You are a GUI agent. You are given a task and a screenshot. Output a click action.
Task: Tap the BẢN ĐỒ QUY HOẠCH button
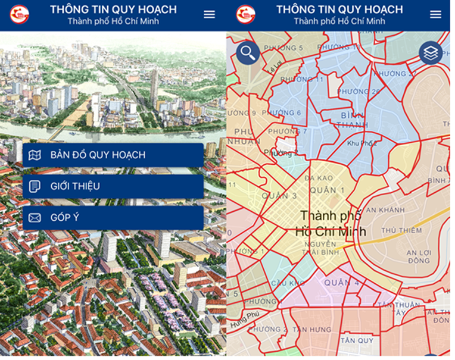[113, 155]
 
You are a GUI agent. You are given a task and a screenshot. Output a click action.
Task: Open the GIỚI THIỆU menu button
[113, 187]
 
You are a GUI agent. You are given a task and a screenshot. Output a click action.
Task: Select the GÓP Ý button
[113, 218]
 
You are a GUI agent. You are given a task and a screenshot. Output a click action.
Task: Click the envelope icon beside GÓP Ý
[35, 218]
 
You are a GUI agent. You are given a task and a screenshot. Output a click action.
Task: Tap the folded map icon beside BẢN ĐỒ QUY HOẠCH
[35, 155]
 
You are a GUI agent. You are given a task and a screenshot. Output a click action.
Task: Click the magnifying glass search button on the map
[248, 53]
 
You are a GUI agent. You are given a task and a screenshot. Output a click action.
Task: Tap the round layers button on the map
[431, 53]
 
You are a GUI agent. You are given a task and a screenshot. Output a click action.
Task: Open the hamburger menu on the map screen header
[435, 14]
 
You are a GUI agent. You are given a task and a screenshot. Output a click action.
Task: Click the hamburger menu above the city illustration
[209, 14]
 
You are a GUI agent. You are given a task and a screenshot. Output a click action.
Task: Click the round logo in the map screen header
[245, 14]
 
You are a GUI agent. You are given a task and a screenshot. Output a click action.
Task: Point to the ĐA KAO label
[318, 178]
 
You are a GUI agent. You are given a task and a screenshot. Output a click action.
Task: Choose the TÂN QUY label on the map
[356, 340]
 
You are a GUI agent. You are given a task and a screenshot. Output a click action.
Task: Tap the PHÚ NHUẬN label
[247, 136]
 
